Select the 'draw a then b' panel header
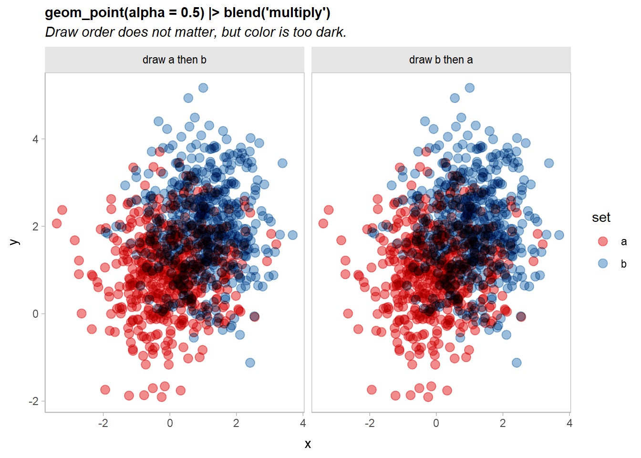(175, 60)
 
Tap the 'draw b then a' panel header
(441, 60)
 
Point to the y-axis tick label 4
(35, 139)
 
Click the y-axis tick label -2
(33, 401)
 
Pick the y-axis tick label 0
(35, 314)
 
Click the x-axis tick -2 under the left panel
(103, 423)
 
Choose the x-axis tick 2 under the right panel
(503, 423)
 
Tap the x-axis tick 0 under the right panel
(436, 423)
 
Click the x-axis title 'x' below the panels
(308, 444)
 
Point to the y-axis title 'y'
(14, 242)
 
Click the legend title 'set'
(601, 218)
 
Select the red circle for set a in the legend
(603, 241)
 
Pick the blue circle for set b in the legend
(603, 263)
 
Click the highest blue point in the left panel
(203, 88)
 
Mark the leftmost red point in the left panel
(57, 223)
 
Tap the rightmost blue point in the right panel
(559, 235)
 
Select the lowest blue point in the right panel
(517, 363)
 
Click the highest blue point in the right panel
(470, 88)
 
